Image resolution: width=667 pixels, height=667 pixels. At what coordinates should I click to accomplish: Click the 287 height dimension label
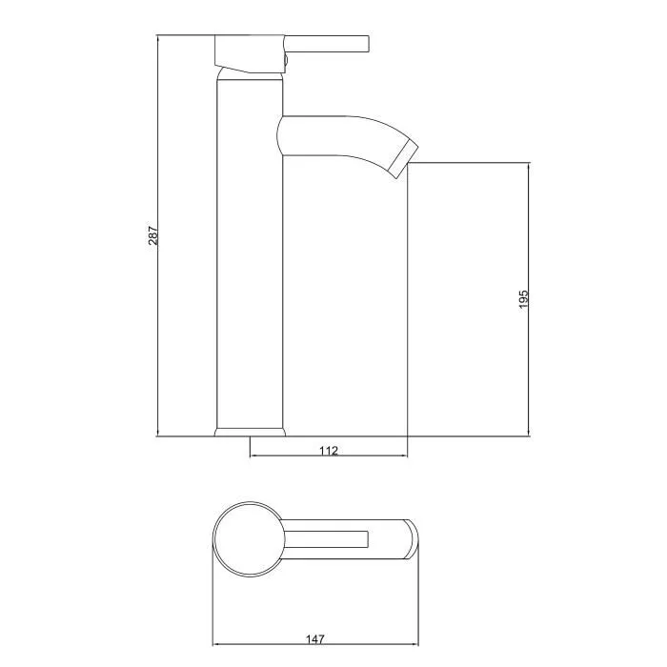(152, 235)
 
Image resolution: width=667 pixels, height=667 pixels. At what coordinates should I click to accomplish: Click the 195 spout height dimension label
(523, 299)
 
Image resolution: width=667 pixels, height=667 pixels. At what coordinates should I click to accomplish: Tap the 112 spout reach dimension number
(329, 451)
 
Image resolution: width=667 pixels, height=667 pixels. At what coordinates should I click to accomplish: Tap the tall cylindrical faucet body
(251, 257)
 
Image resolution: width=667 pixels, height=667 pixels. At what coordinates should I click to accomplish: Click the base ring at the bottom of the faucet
(251, 432)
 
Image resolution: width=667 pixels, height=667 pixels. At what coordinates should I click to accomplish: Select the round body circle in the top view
(247, 539)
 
